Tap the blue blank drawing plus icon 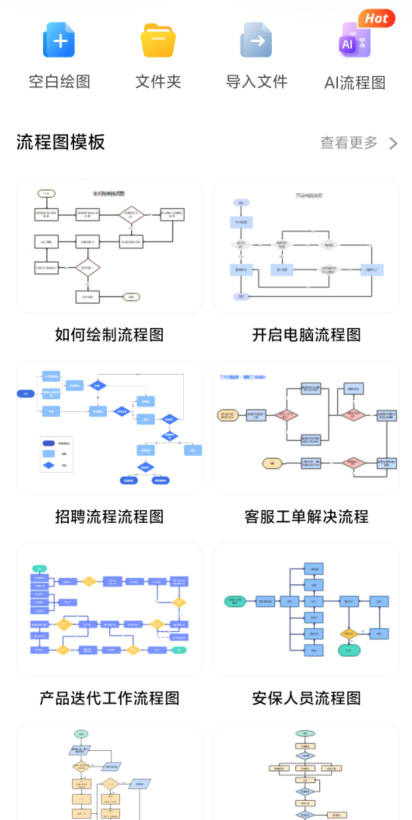click(x=60, y=41)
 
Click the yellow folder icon click(x=158, y=41)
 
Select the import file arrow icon click(x=256, y=41)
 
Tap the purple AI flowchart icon click(x=352, y=44)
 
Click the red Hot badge click(x=376, y=18)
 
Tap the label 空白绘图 click(x=60, y=82)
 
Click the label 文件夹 click(x=158, y=82)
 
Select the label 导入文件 click(x=256, y=82)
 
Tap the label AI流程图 click(x=355, y=83)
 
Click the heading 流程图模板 click(x=61, y=142)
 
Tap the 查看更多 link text click(x=349, y=143)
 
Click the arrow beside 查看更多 click(x=393, y=143)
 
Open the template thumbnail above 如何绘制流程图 click(x=109, y=246)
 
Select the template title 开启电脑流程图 click(x=306, y=335)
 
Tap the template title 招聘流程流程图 click(x=109, y=517)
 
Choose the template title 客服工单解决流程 click(x=306, y=517)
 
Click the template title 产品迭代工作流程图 click(x=109, y=698)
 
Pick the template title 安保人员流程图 click(x=306, y=698)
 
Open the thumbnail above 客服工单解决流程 click(x=306, y=428)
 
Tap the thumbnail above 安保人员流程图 click(x=306, y=610)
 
